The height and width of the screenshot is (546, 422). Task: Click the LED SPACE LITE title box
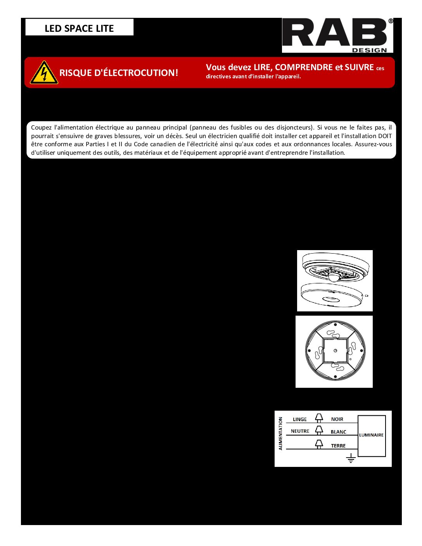click(x=79, y=28)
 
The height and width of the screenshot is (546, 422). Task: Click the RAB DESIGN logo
click(x=337, y=35)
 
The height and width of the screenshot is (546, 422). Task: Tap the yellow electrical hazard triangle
click(x=44, y=73)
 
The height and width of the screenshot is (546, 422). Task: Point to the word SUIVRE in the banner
click(x=359, y=67)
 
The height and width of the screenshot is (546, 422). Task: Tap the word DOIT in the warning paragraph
click(x=384, y=136)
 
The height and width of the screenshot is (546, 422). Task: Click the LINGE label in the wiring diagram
click(x=299, y=420)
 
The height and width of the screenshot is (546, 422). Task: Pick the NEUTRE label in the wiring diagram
click(x=300, y=431)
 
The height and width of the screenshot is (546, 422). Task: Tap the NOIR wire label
click(x=337, y=419)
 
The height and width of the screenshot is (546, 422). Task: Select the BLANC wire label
click(x=338, y=432)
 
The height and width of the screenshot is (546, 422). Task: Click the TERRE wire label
click(x=338, y=446)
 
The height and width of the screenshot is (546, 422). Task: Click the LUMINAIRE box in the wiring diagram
click(x=371, y=435)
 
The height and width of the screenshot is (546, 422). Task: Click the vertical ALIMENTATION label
click(x=280, y=434)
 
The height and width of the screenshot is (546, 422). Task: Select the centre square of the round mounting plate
click(x=335, y=351)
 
